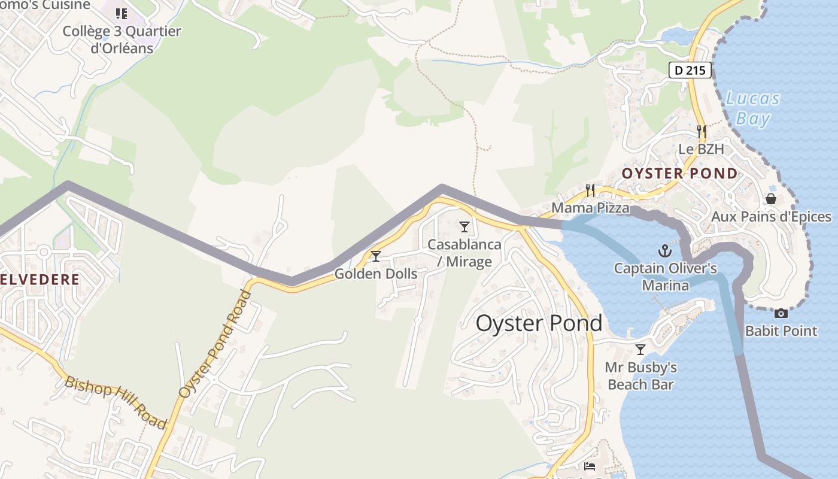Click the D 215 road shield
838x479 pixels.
coord(690,70)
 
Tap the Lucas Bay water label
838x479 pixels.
coord(752,108)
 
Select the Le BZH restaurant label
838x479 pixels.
coord(701,149)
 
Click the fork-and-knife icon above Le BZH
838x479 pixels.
coord(702,131)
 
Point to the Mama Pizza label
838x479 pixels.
coord(590,208)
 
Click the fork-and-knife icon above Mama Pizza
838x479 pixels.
coord(590,190)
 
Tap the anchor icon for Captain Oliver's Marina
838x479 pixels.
coord(664,251)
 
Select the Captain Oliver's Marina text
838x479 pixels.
coord(665,277)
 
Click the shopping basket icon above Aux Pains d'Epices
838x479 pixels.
coord(771,199)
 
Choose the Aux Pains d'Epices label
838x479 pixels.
coord(771,217)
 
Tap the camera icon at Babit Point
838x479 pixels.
coord(781,313)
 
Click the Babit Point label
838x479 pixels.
coord(781,331)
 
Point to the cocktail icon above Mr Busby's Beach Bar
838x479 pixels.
coord(640,349)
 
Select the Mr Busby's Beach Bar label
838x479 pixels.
coord(640,375)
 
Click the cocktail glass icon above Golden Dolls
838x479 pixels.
coord(376,256)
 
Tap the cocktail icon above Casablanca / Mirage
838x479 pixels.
coord(464,227)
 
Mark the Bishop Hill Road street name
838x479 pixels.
coord(116,402)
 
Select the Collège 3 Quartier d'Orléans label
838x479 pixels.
coord(122,40)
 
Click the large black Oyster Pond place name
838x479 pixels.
coord(539,323)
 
